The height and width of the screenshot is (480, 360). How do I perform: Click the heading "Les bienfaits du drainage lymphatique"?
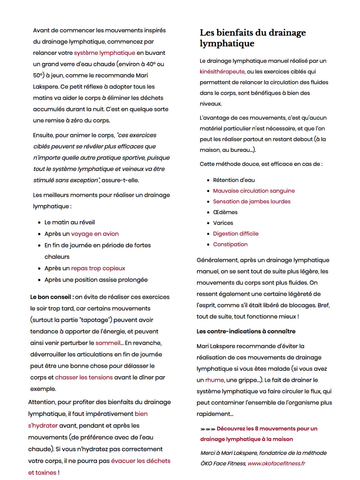pos(253,38)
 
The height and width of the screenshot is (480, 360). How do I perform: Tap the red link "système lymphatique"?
pos(104,53)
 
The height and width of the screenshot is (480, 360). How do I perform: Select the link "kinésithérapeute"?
pos(222,71)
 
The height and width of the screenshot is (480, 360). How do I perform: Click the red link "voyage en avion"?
pos(95,234)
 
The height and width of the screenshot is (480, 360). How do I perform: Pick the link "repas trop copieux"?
pos(98,268)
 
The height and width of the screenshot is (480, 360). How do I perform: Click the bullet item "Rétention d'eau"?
pos(234,180)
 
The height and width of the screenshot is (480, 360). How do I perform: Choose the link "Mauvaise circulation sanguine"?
pos(254,191)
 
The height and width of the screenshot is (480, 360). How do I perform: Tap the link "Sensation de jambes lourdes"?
pos(252,202)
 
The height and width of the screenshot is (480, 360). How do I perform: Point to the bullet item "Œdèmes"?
pos(225,212)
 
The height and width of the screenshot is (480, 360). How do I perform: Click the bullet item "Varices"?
pos(223,223)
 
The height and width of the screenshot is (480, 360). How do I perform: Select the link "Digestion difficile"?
pos(235,234)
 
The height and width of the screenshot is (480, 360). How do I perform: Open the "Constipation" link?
pos(230,244)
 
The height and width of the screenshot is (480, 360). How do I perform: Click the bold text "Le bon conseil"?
pos(50,297)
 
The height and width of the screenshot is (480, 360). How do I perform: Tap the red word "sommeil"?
pos(108,343)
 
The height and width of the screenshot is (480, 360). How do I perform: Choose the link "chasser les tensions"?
pos(84,377)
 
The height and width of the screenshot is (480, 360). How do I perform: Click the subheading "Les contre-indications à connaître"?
pos(246,331)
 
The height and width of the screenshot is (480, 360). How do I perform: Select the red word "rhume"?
pos(214,380)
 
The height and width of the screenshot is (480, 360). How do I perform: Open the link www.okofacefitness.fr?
pos(276,463)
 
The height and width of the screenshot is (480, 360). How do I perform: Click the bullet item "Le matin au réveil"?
pos(70,222)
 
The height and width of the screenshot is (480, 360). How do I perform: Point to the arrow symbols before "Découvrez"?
pos(208,429)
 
